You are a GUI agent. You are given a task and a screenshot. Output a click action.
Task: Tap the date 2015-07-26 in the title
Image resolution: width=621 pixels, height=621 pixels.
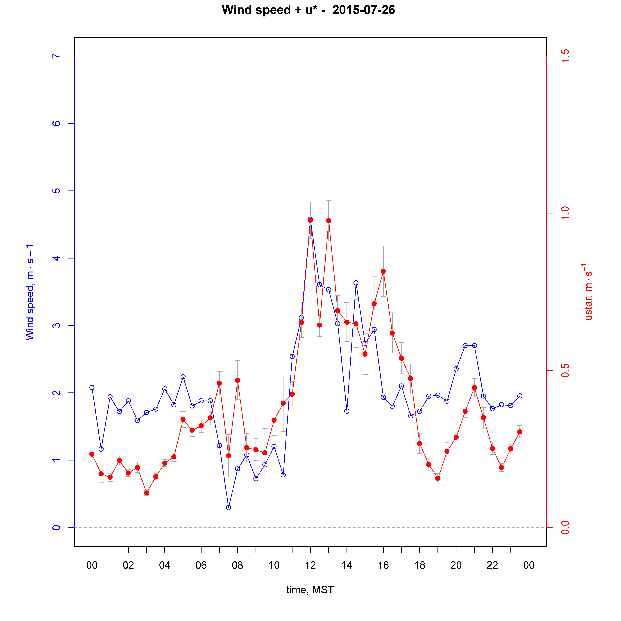364,10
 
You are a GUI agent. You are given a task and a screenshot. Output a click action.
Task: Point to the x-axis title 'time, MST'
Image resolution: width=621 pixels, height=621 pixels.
310,590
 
